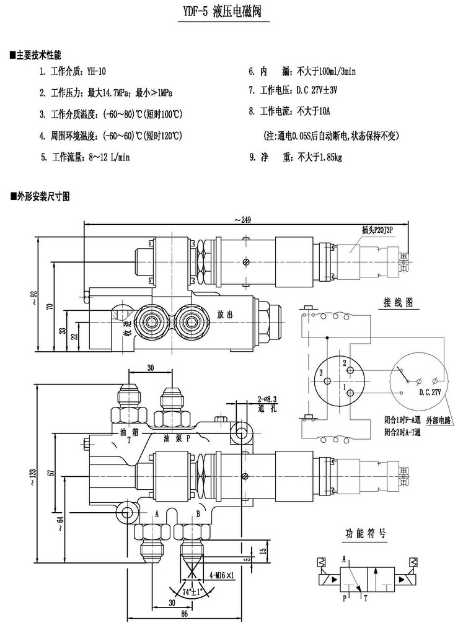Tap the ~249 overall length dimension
tap(242, 219)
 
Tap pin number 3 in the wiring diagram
tap(321, 373)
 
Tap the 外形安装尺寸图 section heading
tap(40, 196)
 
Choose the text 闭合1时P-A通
tap(402, 420)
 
